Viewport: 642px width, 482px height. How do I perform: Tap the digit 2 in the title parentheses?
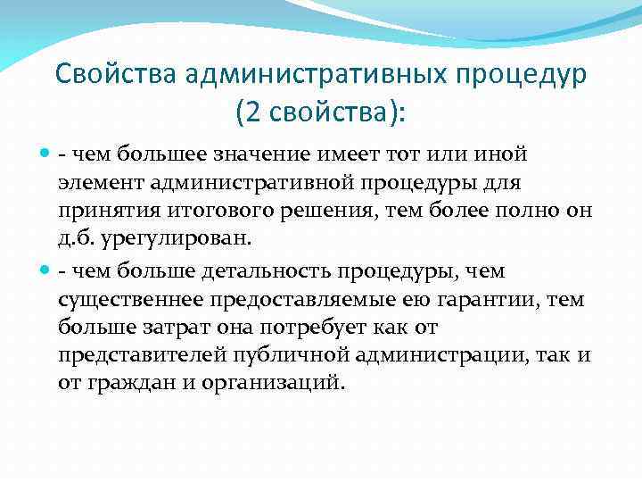click(251, 113)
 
